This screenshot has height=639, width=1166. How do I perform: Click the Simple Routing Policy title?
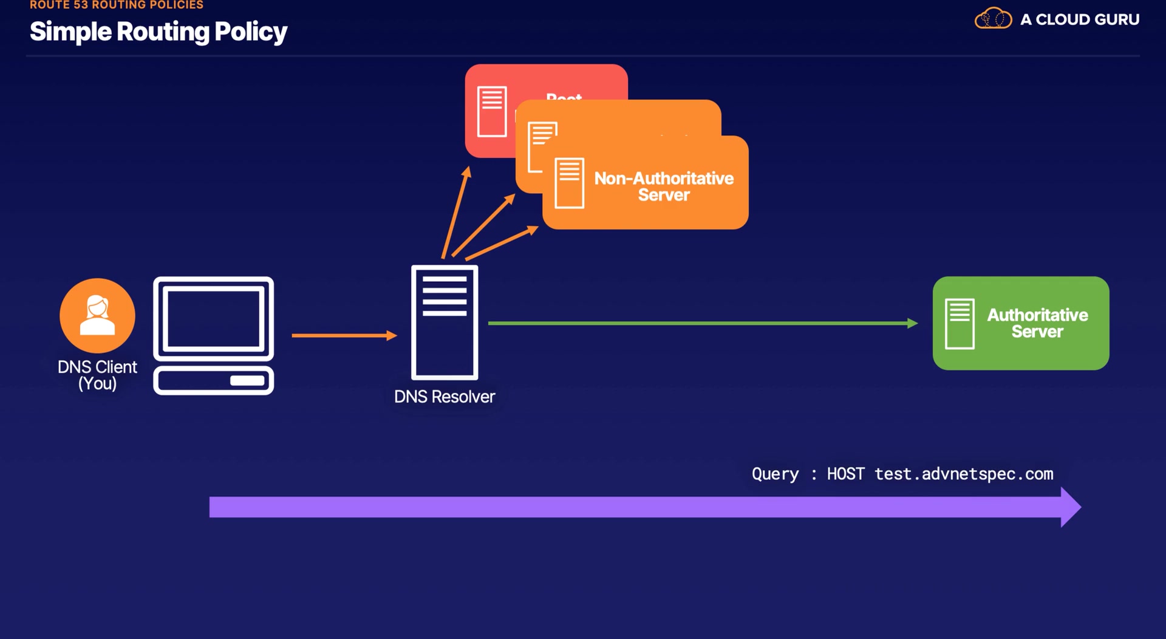point(158,32)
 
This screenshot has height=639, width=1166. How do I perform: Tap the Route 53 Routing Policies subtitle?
point(117,5)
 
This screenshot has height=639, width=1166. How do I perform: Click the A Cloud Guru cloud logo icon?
point(993,19)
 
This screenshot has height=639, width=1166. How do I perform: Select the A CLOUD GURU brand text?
point(1079,19)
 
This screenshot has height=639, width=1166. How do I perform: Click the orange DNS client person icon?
point(97,315)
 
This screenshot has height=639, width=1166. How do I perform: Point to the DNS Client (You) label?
point(97,375)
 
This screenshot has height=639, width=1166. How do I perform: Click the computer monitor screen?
point(213,318)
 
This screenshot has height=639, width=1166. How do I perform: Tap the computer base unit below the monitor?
point(213,381)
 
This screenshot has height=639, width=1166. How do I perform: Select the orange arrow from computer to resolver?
point(344,335)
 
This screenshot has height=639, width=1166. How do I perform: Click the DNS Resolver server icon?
point(445,323)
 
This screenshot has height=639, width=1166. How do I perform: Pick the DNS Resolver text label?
point(445,397)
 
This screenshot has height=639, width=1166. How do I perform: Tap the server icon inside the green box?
point(960,324)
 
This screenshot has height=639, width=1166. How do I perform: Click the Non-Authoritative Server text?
point(664,186)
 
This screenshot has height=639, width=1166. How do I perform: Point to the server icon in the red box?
point(491,112)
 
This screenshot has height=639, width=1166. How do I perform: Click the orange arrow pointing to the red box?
point(456,212)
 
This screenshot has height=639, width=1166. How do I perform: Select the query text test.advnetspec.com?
point(964,474)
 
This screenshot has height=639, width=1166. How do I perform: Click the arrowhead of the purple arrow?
point(1070,507)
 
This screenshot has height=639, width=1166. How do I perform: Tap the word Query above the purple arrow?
point(775,474)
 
